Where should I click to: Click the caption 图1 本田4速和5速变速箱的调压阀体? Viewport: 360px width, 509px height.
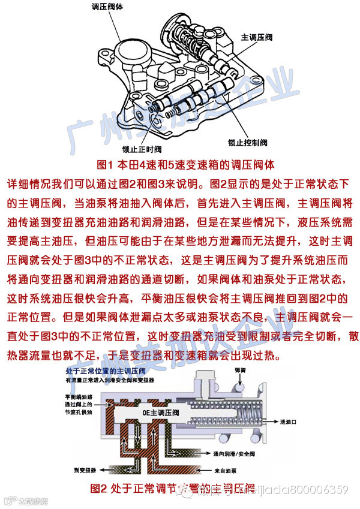coord(180,164)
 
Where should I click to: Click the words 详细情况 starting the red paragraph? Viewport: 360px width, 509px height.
coord(27,181)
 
